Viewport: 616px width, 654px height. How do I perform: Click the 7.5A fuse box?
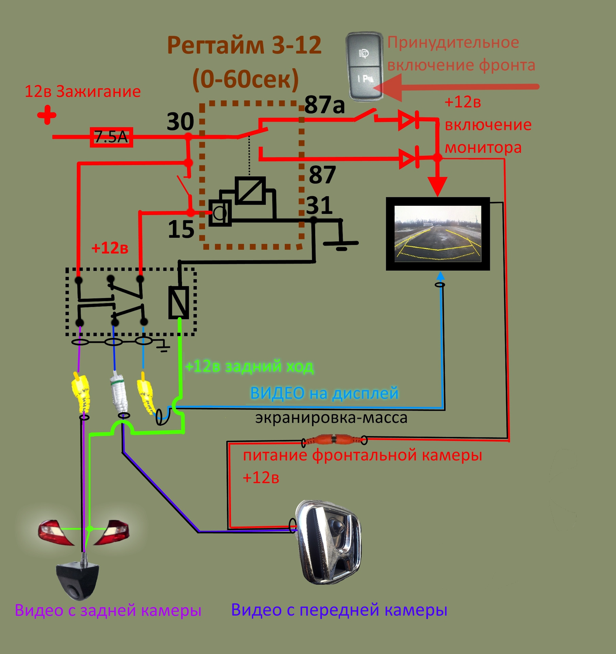pyautogui.click(x=111, y=137)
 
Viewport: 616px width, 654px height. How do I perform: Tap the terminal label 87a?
pyautogui.click(x=324, y=105)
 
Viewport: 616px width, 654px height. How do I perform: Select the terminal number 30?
pyautogui.click(x=180, y=121)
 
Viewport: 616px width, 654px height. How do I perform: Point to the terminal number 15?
pyautogui.click(x=181, y=229)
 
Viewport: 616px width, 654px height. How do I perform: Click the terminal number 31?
pyautogui.click(x=319, y=205)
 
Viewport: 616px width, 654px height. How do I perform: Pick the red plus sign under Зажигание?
pyautogui.click(x=47, y=115)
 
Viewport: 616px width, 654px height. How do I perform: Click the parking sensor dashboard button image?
pyautogui.click(x=364, y=66)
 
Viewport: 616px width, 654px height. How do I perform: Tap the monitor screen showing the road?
pyautogui.click(x=438, y=233)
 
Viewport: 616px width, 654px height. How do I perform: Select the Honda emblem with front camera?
pyautogui.click(x=328, y=542)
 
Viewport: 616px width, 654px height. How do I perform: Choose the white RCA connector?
pyautogui.click(x=119, y=395)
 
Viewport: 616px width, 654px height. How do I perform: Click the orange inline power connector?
pyautogui.click(x=334, y=439)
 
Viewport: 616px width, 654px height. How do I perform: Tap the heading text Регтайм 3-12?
pyautogui.click(x=244, y=45)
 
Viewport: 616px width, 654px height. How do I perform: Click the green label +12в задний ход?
pyautogui.click(x=249, y=367)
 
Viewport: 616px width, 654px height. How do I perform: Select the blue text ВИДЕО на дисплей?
pyautogui.click(x=324, y=393)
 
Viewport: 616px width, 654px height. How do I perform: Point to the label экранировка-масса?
pyautogui.click(x=331, y=418)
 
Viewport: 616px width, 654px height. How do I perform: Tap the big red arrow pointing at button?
pyautogui.click(x=456, y=87)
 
